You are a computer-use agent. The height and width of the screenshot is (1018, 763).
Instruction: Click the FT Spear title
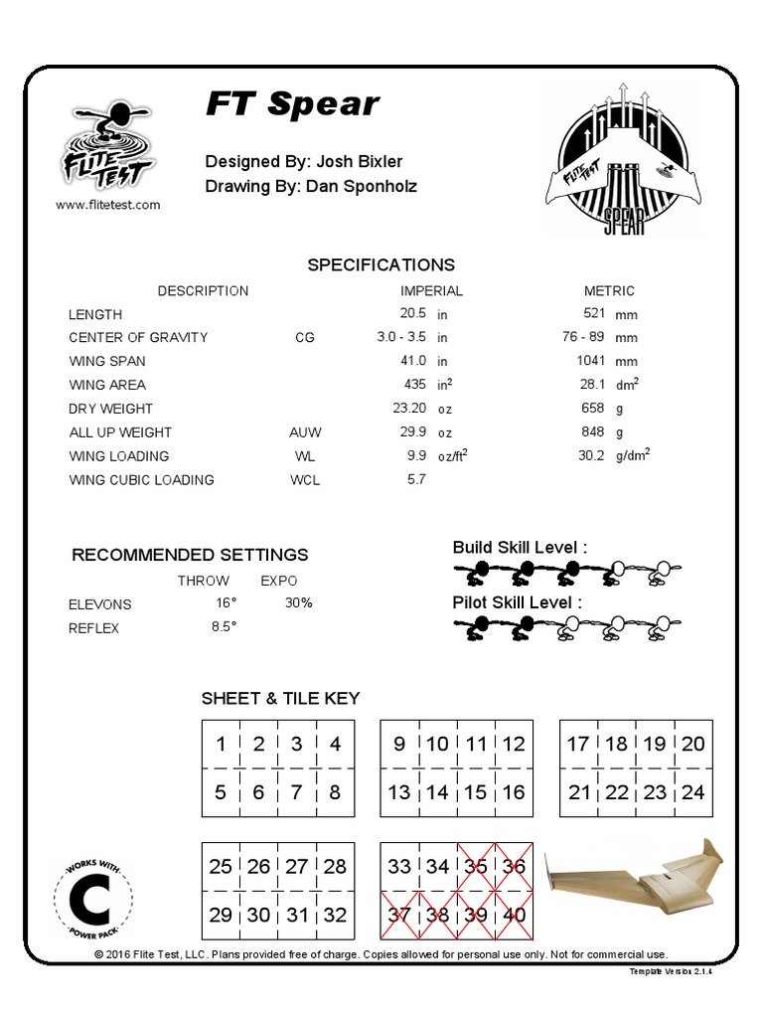click(292, 104)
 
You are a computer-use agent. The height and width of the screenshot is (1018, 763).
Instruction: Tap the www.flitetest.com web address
click(107, 205)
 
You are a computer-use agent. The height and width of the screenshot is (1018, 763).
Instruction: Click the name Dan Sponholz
click(362, 186)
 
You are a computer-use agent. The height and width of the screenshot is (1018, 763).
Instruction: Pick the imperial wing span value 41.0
click(412, 361)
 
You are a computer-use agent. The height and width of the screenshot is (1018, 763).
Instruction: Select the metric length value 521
click(594, 313)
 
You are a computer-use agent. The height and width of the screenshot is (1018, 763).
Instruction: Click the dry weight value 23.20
click(409, 409)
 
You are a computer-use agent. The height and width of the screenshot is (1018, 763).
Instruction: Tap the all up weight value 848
click(593, 432)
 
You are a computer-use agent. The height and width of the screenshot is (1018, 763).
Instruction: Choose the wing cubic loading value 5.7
click(416, 480)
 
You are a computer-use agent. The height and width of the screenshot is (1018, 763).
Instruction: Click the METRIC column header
click(609, 291)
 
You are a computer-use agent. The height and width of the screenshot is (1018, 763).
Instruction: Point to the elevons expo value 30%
click(298, 603)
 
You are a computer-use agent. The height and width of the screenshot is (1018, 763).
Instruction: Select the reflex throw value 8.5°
click(223, 627)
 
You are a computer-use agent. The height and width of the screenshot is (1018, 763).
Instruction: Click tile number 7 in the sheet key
click(297, 792)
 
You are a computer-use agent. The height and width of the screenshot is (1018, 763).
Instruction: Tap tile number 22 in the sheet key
click(617, 792)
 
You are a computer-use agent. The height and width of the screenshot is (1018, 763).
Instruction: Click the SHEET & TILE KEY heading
click(280, 699)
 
